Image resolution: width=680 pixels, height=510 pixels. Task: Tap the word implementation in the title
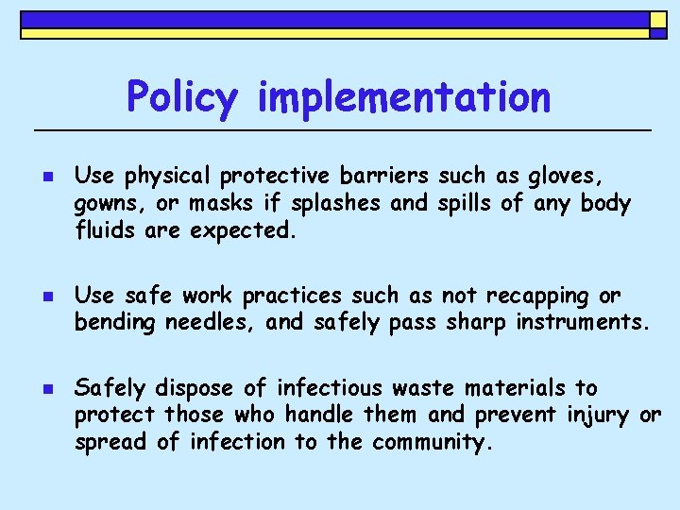tap(402, 96)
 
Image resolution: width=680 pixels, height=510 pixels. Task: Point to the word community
tap(433, 442)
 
